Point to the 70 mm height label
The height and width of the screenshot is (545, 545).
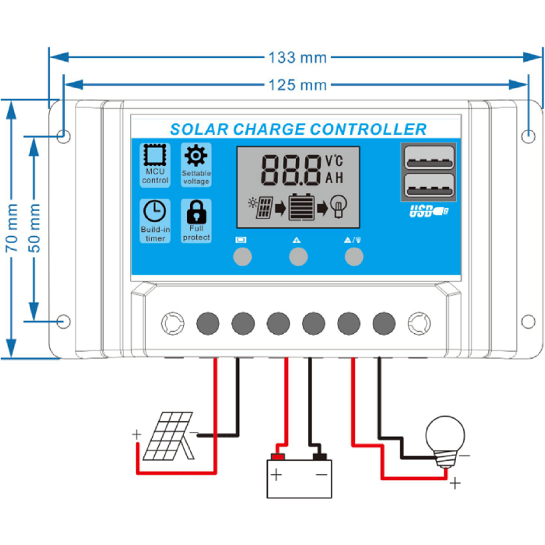tap(12, 229)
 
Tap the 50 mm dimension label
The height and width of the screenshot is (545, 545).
tap(35, 229)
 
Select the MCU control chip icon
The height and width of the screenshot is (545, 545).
tap(154, 156)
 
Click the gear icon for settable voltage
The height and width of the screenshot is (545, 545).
tap(195, 156)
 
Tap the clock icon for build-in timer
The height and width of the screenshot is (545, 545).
tap(154, 211)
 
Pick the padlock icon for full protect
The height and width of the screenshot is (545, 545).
tap(195, 211)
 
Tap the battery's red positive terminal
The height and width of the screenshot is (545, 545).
tap(277, 457)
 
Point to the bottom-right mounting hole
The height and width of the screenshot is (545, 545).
tap(528, 321)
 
